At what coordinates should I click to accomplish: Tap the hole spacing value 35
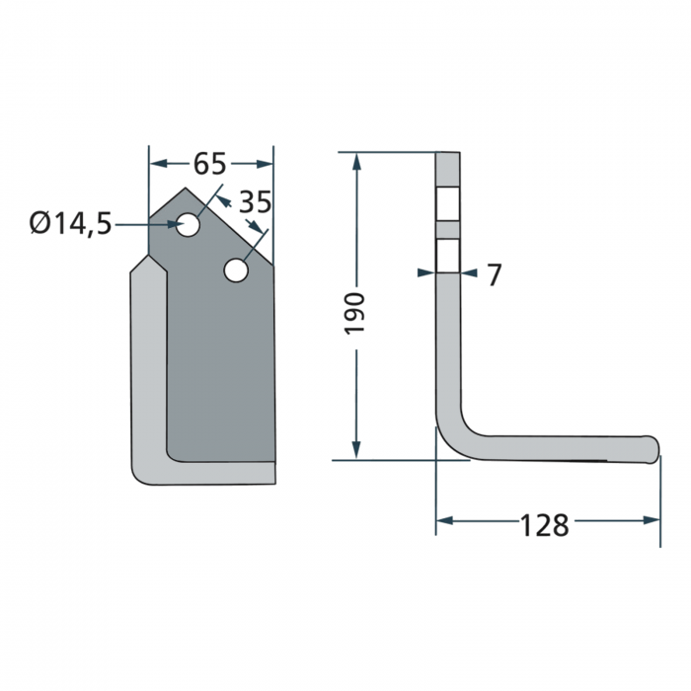pyautogui.click(x=255, y=202)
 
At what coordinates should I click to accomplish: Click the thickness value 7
pyautogui.click(x=495, y=275)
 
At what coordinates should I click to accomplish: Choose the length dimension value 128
pyautogui.click(x=545, y=525)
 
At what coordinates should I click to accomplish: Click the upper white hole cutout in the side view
pyautogui.click(x=448, y=205)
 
